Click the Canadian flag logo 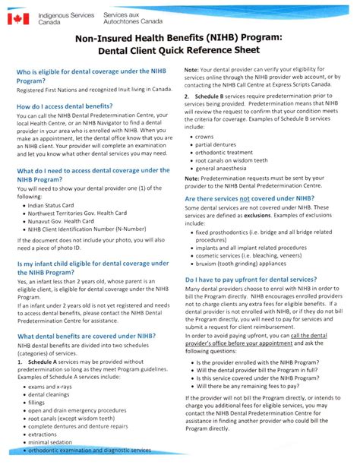tap(18, 18)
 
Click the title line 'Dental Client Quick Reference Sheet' tap(178, 51)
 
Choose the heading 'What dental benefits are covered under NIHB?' tap(87, 336)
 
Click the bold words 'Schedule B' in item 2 tap(210, 98)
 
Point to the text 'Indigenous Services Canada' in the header tap(67, 18)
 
